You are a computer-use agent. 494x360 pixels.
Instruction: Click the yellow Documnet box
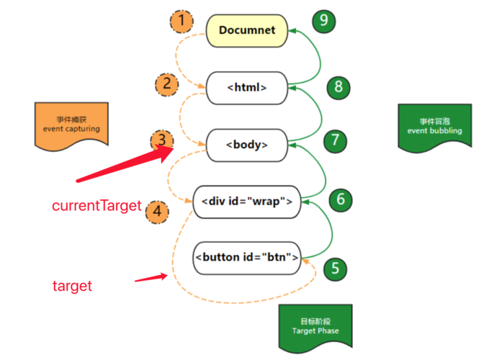(x=246, y=30)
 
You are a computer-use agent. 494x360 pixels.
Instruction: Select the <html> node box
(x=247, y=87)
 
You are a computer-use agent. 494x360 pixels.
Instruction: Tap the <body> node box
(x=247, y=144)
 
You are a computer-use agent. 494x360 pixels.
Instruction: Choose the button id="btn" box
(x=246, y=257)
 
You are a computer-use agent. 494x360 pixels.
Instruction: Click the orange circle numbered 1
(x=181, y=22)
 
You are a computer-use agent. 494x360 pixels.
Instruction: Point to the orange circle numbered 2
(x=166, y=84)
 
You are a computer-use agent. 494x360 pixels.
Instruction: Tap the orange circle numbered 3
(x=162, y=140)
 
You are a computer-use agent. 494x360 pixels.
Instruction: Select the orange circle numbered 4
(x=157, y=212)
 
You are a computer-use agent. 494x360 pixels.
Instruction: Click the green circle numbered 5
(x=334, y=269)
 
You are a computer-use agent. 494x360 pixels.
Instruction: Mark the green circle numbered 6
(x=341, y=199)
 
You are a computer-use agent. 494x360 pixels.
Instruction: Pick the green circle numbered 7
(x=334, y=140)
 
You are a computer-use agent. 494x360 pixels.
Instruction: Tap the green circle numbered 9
(x=323, y=20)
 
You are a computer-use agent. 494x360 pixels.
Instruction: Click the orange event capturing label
(x=69, y=125)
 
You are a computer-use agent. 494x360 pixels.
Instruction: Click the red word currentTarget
(x=96, y=206)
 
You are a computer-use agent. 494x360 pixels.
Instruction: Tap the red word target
(x=72, y=286)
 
